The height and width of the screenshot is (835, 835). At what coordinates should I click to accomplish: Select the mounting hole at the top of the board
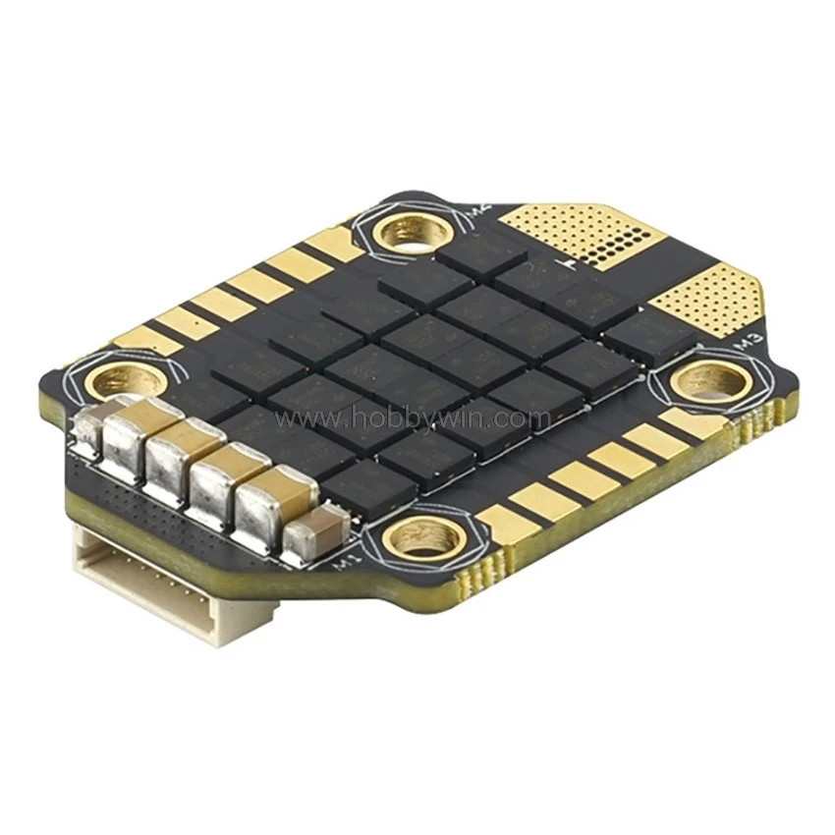click(413, 233)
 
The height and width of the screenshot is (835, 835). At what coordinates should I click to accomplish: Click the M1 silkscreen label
click(343, 564)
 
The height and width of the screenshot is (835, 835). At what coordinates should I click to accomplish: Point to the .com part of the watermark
click(530, 419)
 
